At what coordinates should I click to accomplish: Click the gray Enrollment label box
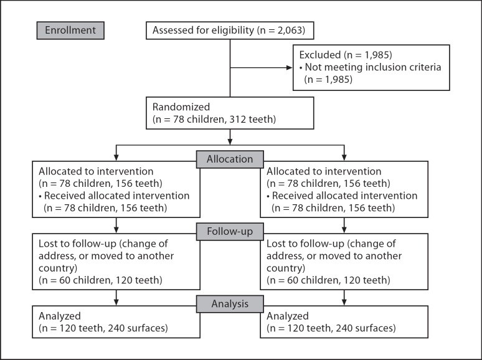coord(70,31)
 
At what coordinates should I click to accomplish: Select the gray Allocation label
coord(230,159)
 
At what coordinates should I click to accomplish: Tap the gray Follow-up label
coord(230,232)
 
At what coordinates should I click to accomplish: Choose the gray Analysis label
coord(230,304)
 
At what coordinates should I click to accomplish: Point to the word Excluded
coord(320,55)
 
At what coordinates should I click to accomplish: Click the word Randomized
coord(181,107)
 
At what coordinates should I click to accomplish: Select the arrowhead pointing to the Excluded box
coord(289,68)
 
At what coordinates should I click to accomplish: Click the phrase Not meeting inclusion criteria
coord(373,67)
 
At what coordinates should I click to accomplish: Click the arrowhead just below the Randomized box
coord(230,141)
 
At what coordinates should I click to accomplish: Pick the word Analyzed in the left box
coord(60,316)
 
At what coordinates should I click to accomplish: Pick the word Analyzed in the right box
coord(288,316)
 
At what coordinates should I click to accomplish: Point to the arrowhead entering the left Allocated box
coord(116,157)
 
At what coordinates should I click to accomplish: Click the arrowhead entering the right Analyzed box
coord(344,302)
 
